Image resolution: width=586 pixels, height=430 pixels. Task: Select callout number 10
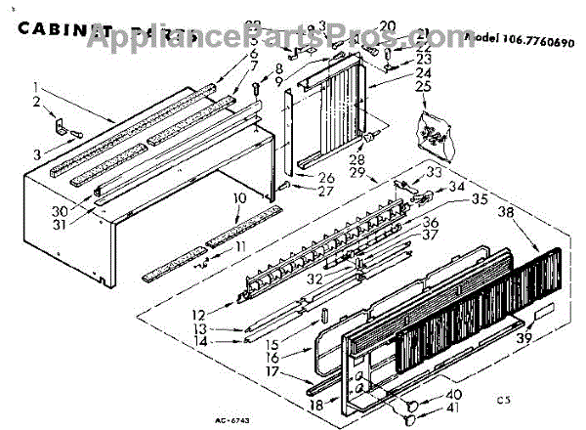237,198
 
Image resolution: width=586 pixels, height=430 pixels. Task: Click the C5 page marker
502,399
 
